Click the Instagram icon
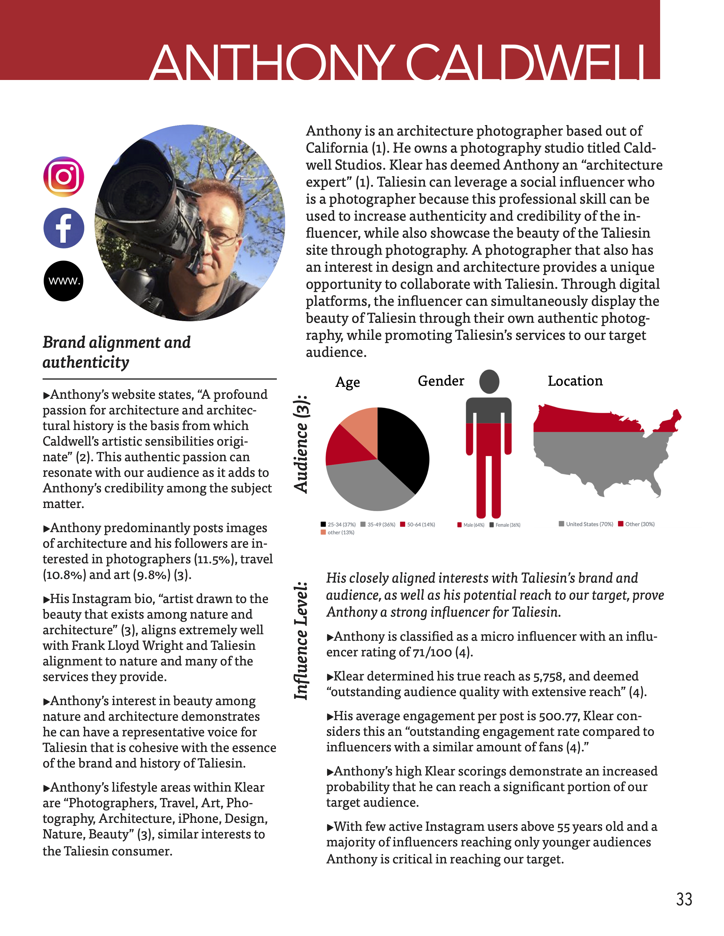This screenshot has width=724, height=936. pos(64,177)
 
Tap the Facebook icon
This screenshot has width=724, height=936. pos(64,228)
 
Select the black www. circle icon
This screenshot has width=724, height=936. pos(64,281)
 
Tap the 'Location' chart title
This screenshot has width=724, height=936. pos(575,381)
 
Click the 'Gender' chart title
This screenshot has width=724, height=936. pos(441,381)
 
